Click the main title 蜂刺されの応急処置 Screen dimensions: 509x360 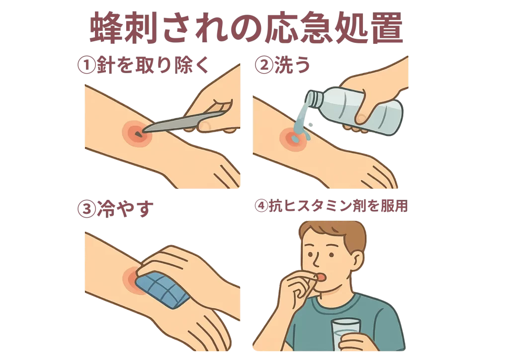click(x=246, y=28)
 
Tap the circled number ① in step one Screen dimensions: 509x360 click(x=86, y=65)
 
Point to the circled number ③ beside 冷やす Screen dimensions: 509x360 click(x=86, y=209)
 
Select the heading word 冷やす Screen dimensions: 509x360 click(x=125, y=209)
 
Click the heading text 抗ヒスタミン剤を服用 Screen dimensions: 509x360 click(x=338, y=206)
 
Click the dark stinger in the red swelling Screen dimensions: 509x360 click(x=139, y=133)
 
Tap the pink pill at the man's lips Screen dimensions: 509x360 click(x=321, y=276)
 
